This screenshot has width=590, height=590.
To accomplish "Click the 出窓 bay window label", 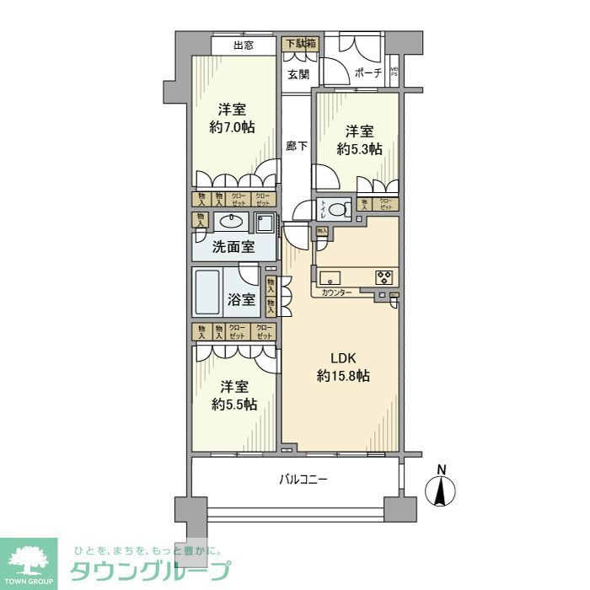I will click(x=244, y=46).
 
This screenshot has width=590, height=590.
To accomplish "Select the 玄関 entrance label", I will click(x=298, y=74).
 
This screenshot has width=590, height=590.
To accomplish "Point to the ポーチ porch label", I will click(x=368, y=73).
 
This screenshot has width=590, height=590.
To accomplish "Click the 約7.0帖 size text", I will click(x=232, y=127).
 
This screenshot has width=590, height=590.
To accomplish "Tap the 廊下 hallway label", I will click(x=297, y=146).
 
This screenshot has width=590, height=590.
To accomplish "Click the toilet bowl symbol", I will click(x=337, y=210).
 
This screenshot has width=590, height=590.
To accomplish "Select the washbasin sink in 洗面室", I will click(x=229, y=223).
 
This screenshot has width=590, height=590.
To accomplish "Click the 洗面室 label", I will click(x=233, y=248).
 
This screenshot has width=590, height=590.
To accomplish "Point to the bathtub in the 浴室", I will click(x=208, y=292).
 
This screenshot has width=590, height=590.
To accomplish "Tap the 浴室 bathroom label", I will click(x=242, y=298).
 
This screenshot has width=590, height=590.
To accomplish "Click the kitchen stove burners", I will click(x=383, y=276).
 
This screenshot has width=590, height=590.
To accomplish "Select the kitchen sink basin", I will click(x=330, y=276).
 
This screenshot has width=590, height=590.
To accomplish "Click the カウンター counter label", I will click(x=337, y=293).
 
